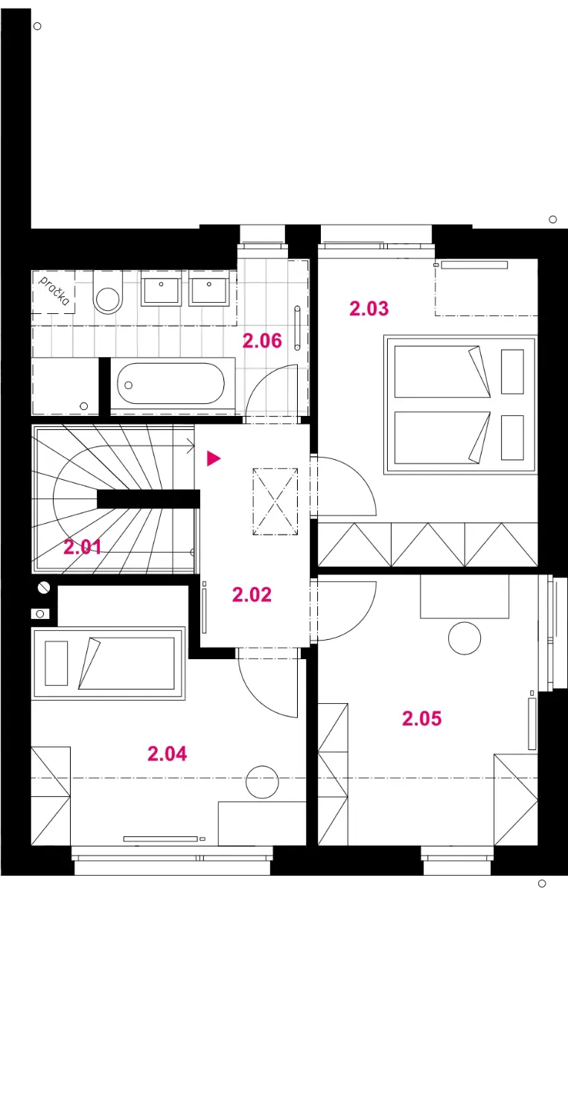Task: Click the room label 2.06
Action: (262, 341)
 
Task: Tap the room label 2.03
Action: (369, 309)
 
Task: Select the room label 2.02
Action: (252, 594)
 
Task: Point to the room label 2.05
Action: (422, 719)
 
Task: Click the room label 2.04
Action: (167, 754)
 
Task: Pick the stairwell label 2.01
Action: (83, 547)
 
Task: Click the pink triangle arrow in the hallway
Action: (214, 458)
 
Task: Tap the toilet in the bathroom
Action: (108, 292)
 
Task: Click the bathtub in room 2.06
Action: (171, 383)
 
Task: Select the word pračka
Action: (54, 291)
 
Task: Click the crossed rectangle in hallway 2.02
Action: (275, 501)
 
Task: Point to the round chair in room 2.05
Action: (465, 638)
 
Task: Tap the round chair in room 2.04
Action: (262, 782)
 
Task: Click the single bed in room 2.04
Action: (108, 663)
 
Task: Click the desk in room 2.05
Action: (465, 597)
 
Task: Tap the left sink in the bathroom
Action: (161, 288)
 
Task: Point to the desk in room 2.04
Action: (262, 823)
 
